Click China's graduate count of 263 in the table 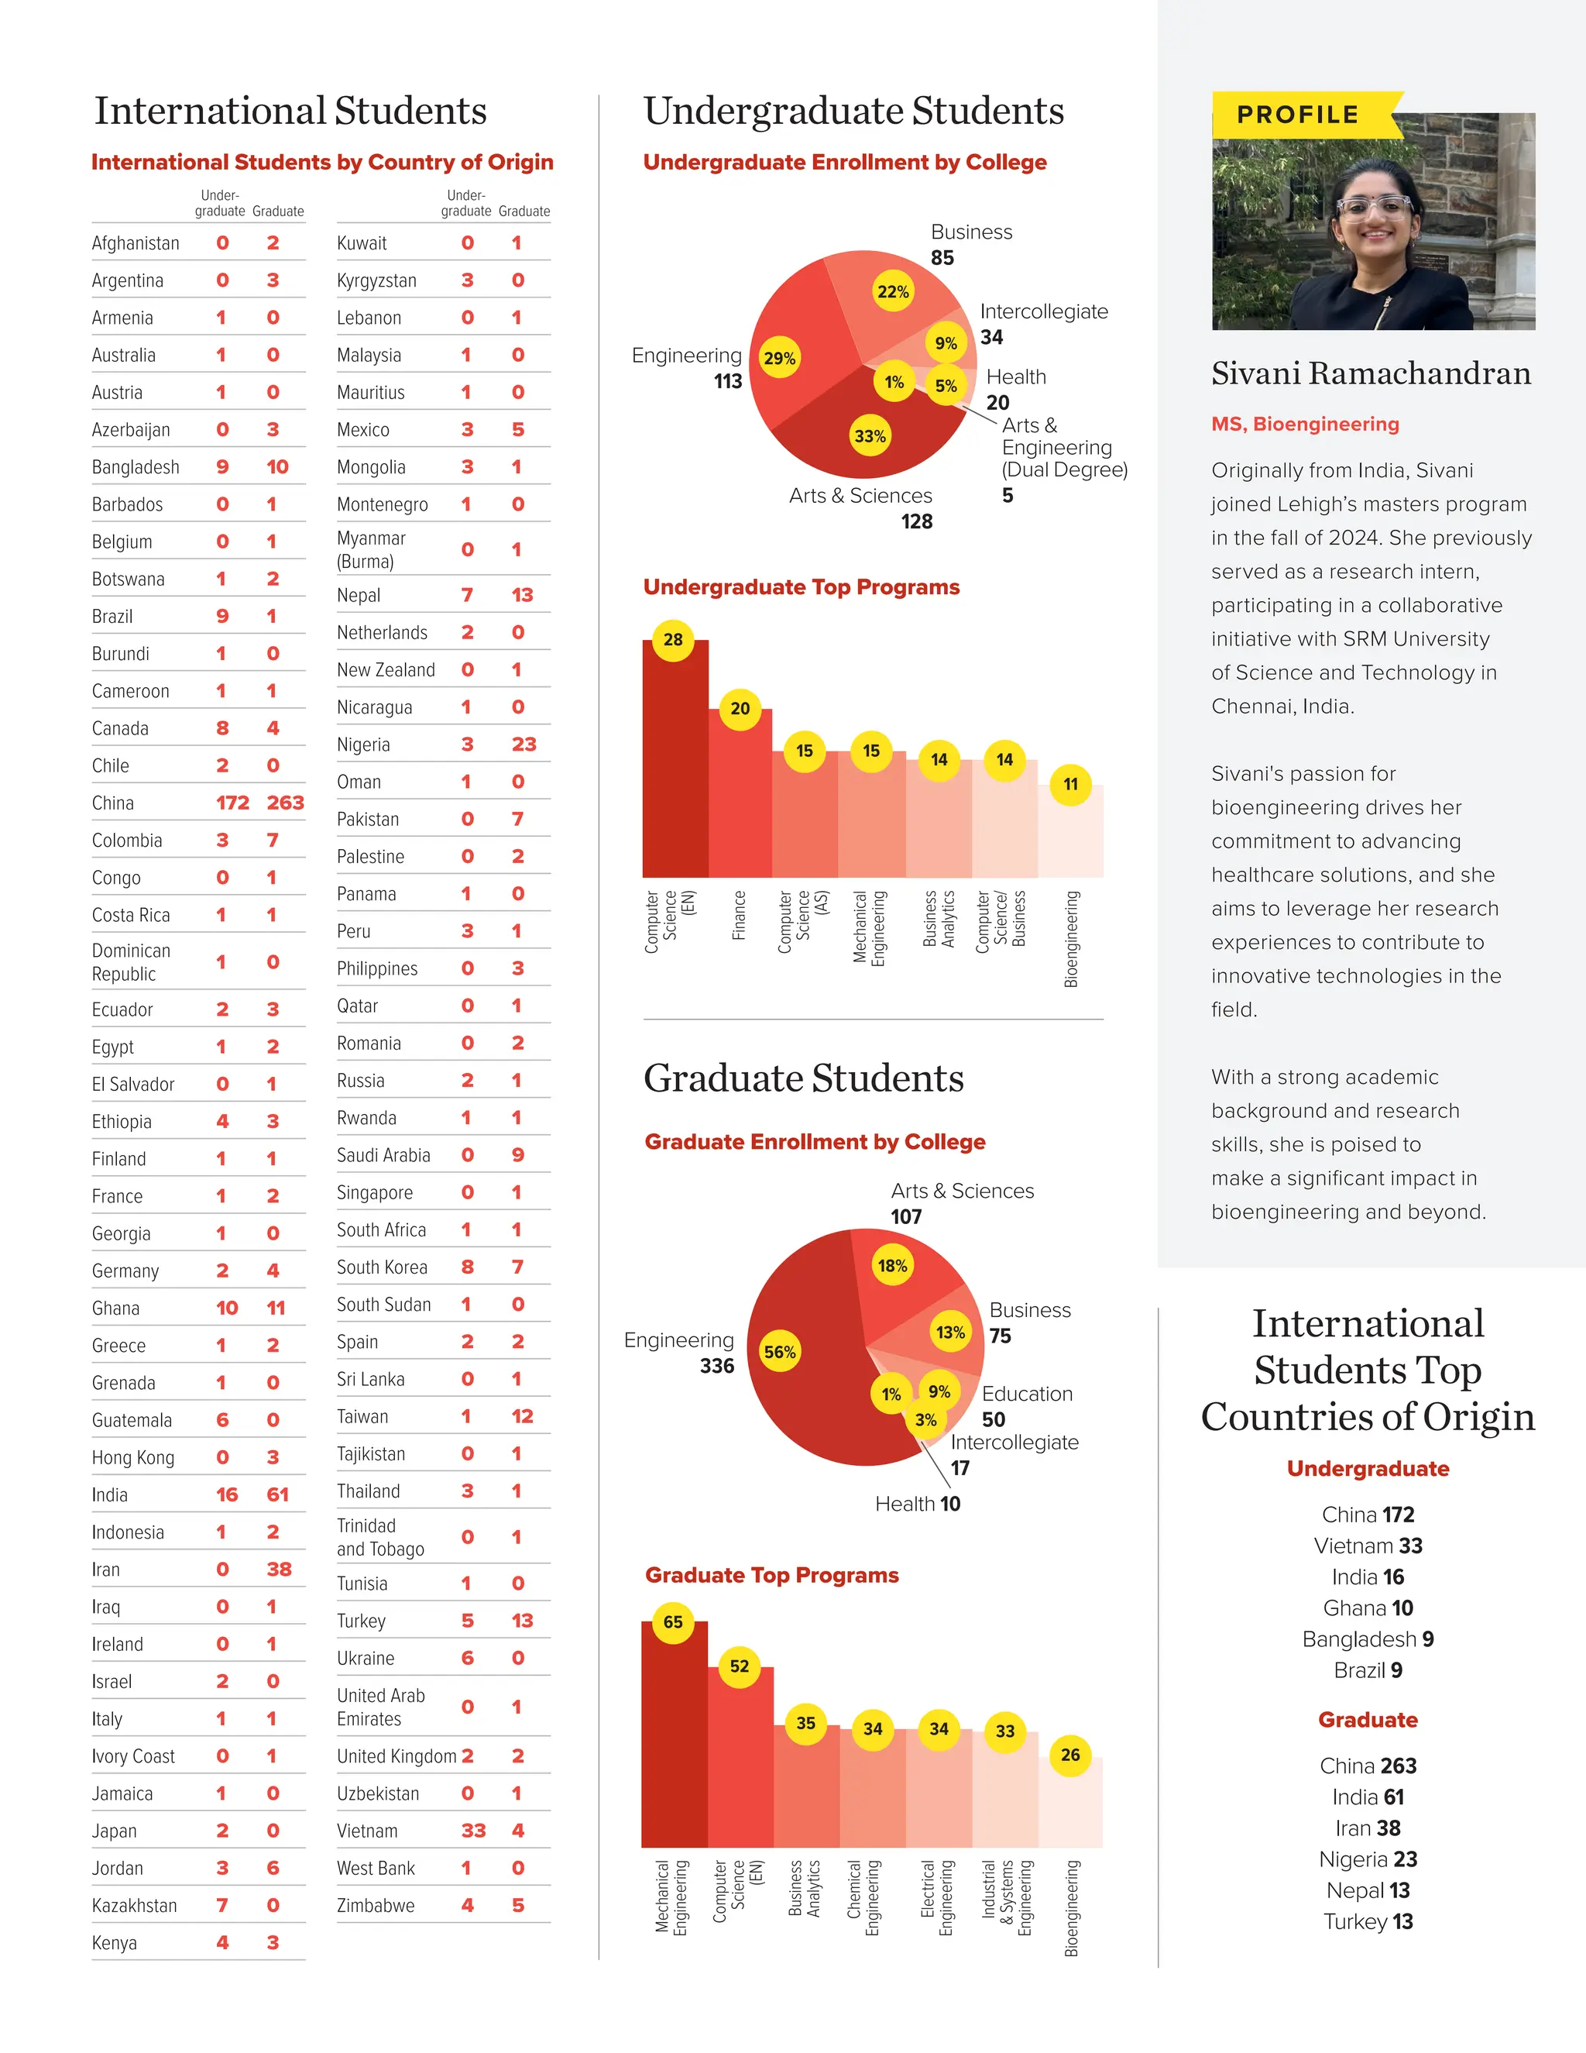(x=285, y=803)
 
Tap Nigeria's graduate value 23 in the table (x=524, y=745)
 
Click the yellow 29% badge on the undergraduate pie (x=780, y=358)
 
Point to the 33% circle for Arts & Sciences (x=870, y=436)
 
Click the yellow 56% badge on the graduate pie (x=780, y=1353)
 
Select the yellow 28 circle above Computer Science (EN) (x=673, y=640)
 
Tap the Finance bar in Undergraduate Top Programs (x=740, y=799)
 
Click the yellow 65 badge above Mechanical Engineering (x=673, y=1622)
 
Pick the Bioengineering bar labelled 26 (x=1070, y=1805)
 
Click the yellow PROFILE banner (x=1299, y=115)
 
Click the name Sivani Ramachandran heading (x=1371, y=374)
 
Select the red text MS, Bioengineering (x=1305, y=424)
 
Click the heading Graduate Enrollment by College (x=815, y=1142)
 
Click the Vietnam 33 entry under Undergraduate (x=1368, y=1546)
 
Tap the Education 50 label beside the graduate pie (x=1026, y=1406)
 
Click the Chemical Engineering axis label (x=863, y=1897)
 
